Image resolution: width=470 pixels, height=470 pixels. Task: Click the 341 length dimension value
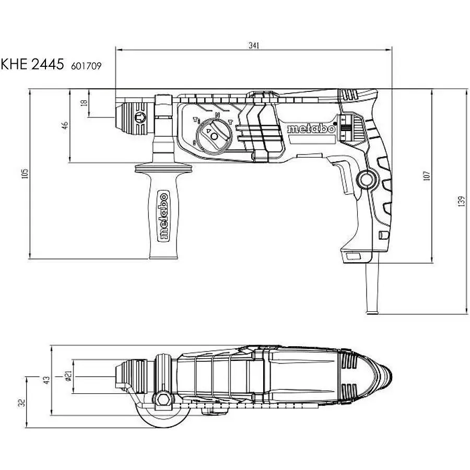coord(254,45)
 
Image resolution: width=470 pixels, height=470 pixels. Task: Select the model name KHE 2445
coord(32,64)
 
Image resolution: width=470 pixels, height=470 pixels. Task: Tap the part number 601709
coord(86,66)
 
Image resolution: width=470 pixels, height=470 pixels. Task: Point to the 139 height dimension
coord(462,201)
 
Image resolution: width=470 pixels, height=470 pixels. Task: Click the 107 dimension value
coord(426,175)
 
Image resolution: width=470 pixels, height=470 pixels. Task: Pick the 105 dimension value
coord(25,173)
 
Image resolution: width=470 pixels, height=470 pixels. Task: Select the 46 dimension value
coord(65,125)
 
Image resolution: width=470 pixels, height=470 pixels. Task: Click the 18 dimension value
coord(84,102)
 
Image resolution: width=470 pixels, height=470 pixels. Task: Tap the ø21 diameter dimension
coord(68,376)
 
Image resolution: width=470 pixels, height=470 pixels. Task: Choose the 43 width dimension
coord(47,380)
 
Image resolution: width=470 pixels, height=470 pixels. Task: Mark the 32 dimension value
coord(21,403)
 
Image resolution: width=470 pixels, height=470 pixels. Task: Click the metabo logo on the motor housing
coord(311,129)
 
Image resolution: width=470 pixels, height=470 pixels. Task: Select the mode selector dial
coord(214,135)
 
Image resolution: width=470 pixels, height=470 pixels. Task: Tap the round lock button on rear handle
coord(366,180)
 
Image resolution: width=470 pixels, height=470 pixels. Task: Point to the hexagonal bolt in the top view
coord(163,400)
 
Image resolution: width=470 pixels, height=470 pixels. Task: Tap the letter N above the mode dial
coord(218,114)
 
